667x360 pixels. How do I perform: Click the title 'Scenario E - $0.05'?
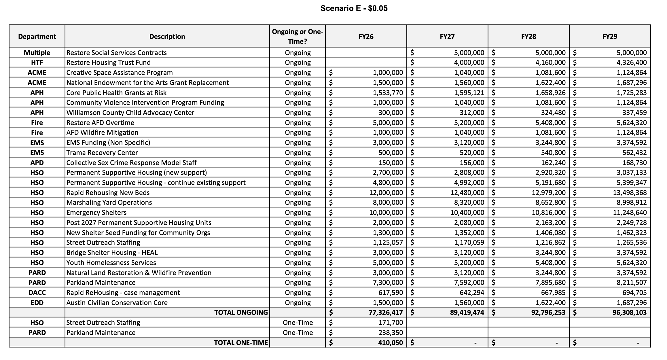click(354, 8)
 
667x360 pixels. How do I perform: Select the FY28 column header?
click(528, 37)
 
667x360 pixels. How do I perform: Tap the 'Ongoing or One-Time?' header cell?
click(298, 37)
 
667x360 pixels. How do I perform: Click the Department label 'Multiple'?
click(37, 53)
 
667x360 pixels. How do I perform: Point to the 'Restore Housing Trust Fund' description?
click(109, 62)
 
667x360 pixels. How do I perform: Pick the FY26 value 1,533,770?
click(388, 93)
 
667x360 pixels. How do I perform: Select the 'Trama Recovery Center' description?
click(102, 153)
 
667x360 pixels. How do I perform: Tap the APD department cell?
click(37, 163)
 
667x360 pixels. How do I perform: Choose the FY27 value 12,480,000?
click(467, 193)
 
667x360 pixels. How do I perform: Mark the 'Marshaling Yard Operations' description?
click(109, 202)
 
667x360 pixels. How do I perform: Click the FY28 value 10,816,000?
click(548, 213)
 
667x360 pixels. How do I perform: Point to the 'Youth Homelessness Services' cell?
click(111, 263)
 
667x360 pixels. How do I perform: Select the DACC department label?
click(37, 293)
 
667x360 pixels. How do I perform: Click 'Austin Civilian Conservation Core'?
click(117, 303)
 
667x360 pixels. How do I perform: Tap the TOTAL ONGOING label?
click(241, 312)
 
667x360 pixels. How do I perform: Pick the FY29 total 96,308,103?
click(630, 312)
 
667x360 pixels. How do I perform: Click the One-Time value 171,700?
click(391, 323)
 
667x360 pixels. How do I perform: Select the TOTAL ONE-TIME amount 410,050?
click(391, 343)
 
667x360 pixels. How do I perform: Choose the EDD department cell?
click(37, 303)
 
